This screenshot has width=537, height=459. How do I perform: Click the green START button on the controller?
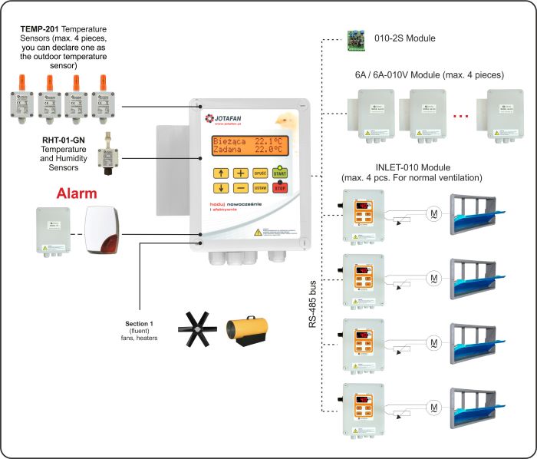pyautogui.click(x=281, y=173)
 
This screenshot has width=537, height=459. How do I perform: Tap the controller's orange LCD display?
pyautogui.click(x=252, y=145)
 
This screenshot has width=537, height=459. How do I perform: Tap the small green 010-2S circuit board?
pyautogui.click(x=357, y=39)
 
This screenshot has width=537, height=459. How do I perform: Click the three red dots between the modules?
pyautogui.click(x=461, y=116)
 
